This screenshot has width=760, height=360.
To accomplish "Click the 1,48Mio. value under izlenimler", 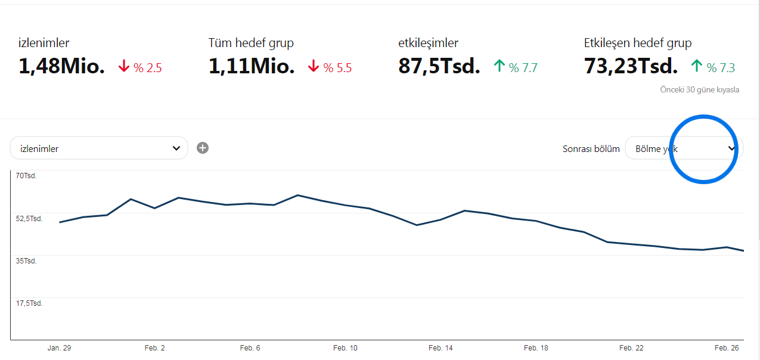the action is pos(61,66).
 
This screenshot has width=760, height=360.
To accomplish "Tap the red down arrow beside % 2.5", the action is pos(124,66).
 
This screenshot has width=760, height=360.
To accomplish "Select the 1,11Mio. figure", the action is pos(252,66).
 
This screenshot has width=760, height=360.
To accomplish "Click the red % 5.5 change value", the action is pos(337,68).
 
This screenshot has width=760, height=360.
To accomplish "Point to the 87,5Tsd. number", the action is pos(439,66).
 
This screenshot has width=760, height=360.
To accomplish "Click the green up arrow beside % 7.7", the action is pos(499,66).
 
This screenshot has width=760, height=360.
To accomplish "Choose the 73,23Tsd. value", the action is pos(631,66).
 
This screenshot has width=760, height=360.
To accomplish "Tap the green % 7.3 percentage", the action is pos(721,68).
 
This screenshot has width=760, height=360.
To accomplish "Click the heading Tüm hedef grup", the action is pos(251,43).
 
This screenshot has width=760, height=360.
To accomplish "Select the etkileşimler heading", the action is pos(428,43).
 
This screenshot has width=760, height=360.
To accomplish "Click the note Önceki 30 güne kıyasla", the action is pos(699,89).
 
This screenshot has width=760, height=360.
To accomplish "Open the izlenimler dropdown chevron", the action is pos(176,148).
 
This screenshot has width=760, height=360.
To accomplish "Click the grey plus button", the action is pos(203,148).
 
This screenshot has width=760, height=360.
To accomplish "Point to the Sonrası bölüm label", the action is pos(591,149).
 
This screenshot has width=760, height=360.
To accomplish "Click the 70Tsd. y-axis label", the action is pos(26,176).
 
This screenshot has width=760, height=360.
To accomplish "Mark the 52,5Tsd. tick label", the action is pos(29,219).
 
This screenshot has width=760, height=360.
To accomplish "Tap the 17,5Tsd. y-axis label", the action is pos(29,303).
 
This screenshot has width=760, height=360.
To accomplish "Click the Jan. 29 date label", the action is pos(60,348).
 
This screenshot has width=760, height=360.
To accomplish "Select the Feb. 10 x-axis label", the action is pos(345,348).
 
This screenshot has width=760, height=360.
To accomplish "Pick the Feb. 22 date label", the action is pos(631,348).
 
